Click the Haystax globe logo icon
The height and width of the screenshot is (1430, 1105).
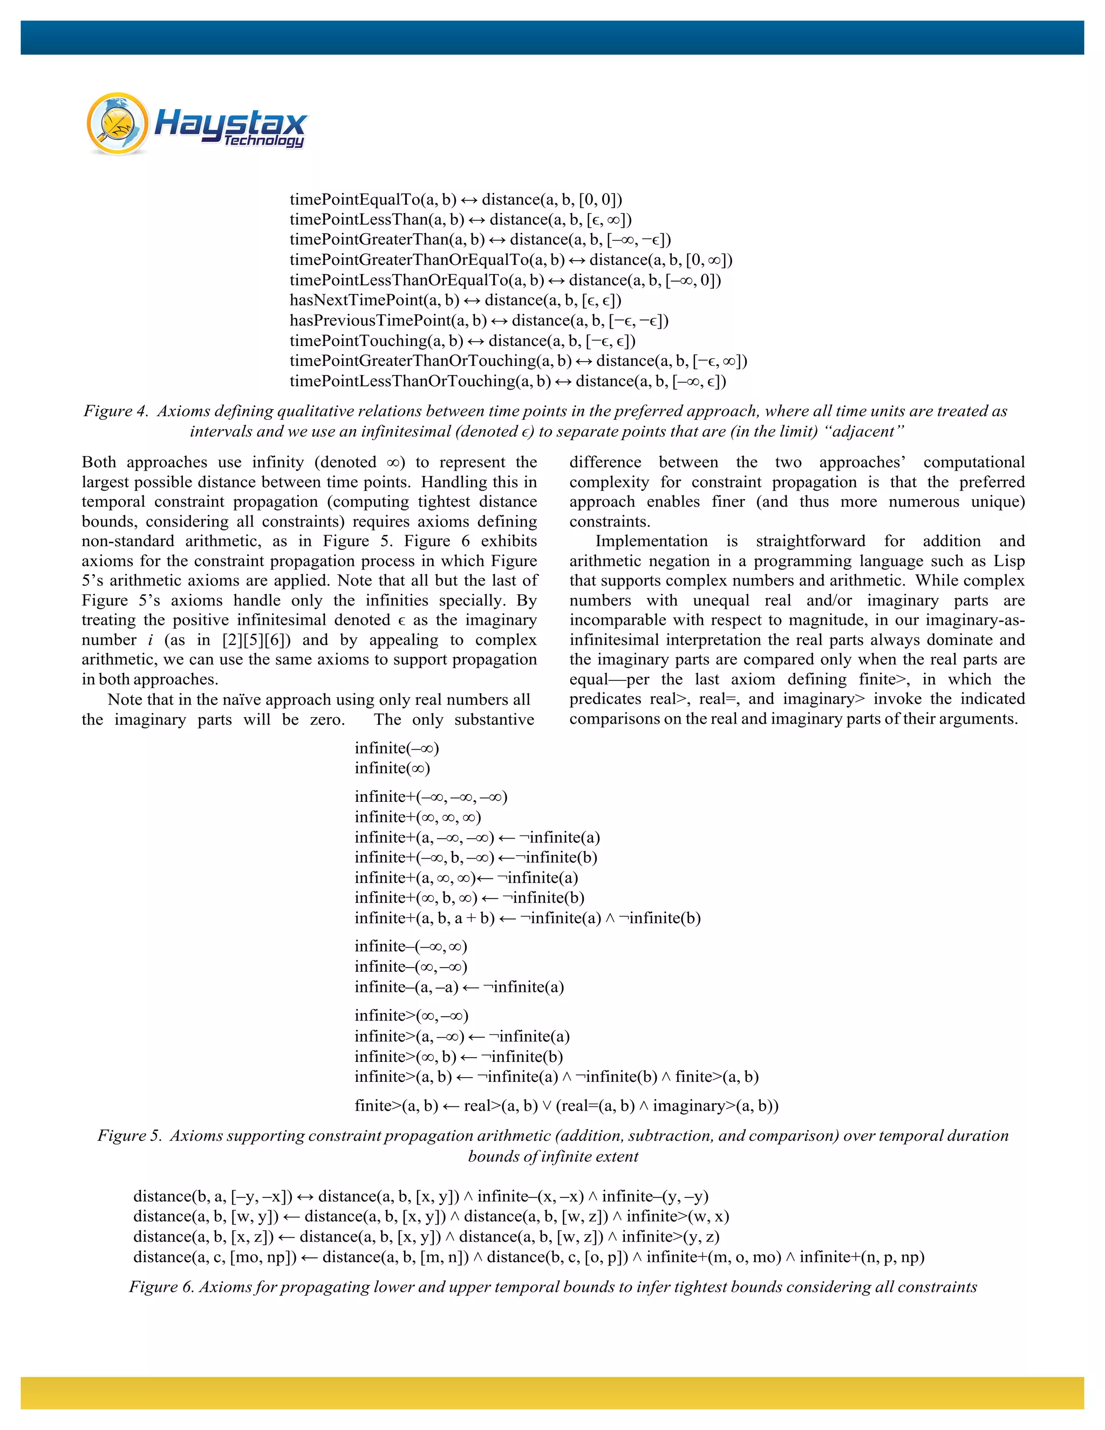[118, 123]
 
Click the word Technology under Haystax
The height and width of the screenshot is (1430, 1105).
[263, 140]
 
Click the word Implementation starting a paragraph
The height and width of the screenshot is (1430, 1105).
[651, 541]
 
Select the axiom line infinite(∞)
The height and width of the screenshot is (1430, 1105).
[392, 768]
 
